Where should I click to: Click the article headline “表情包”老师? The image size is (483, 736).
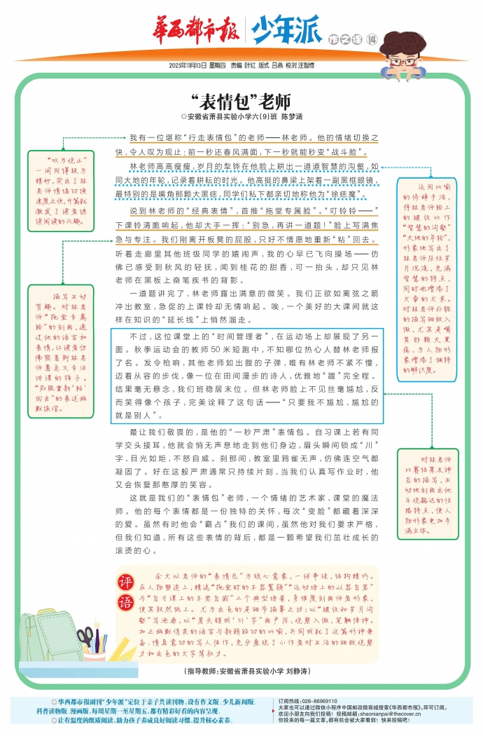pos(241,100)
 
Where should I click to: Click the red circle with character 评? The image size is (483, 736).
pos(126,582)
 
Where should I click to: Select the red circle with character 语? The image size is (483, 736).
pos(126,604)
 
